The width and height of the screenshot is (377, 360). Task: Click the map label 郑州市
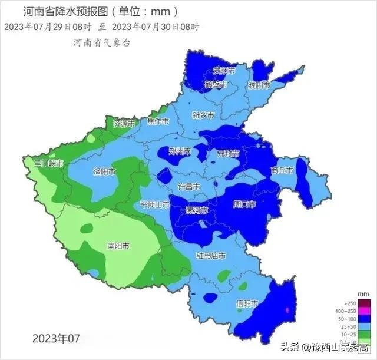[x=180, y=151]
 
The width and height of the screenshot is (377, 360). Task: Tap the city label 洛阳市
[x=104, y=171]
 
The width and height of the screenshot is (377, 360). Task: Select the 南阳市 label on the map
[x=118, y=246]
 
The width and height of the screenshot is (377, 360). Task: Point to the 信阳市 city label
[x=247, y=304]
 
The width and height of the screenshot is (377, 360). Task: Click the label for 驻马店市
[x=211, y=256]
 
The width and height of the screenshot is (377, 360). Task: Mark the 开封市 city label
[x=228, y=154]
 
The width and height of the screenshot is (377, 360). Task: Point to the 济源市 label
[x=124, y=124]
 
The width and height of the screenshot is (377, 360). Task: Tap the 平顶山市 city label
[x=155, y=204]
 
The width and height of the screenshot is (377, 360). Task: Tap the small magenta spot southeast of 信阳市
[x=287, y=309]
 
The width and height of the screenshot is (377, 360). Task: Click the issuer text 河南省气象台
[x=101, y=42]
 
